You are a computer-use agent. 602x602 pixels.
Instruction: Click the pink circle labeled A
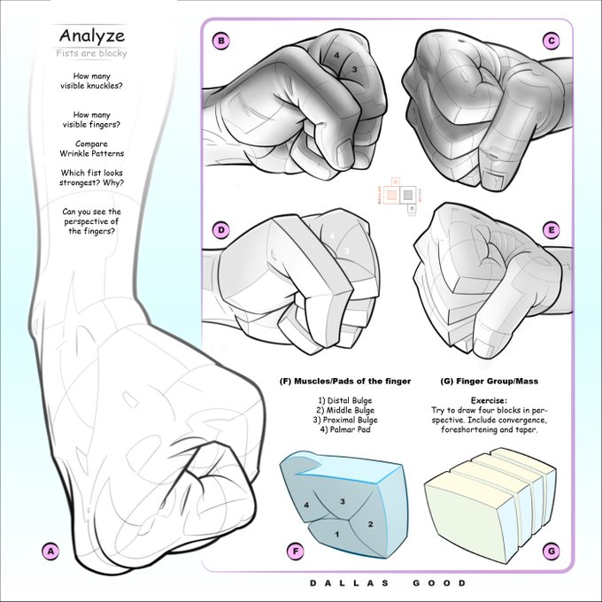pos(50,552)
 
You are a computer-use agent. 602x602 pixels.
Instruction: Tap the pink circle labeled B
pos(220,41)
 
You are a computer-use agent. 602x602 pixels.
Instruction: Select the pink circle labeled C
pos(552,41)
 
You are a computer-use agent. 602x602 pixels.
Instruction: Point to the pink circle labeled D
pos(220,230)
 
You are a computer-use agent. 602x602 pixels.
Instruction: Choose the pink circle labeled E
pos(552,230)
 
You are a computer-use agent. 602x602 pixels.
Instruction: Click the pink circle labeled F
pos(296,552)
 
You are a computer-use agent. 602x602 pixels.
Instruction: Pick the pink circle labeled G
pos(552,552)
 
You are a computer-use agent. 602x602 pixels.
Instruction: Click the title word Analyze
pos(92,36)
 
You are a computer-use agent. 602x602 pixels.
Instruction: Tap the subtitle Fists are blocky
pos(91,53)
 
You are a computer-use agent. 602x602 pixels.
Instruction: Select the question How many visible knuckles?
pos(91,81)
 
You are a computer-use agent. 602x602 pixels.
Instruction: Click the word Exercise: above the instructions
pos(489,400)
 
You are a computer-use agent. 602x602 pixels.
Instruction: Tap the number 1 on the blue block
pos(337,534)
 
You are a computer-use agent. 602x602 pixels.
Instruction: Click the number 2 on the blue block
pos(370,524)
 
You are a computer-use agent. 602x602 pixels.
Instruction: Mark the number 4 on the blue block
pos(306,505)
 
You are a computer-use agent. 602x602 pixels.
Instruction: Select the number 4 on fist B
pos(336,55)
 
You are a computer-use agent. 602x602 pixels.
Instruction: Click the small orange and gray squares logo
pos(400,196)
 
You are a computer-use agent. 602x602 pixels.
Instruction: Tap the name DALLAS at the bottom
pos(349,583)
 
